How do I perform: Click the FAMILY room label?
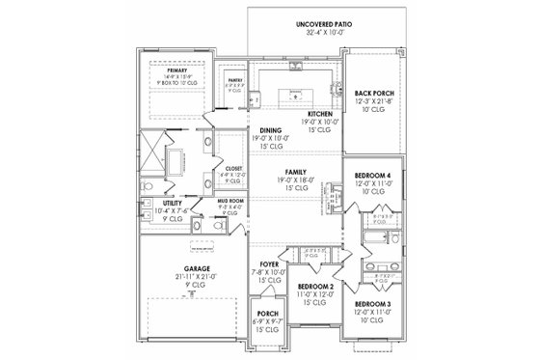point(294,169)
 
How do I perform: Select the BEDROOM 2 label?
point(315,288)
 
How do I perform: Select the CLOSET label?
point(233,167)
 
